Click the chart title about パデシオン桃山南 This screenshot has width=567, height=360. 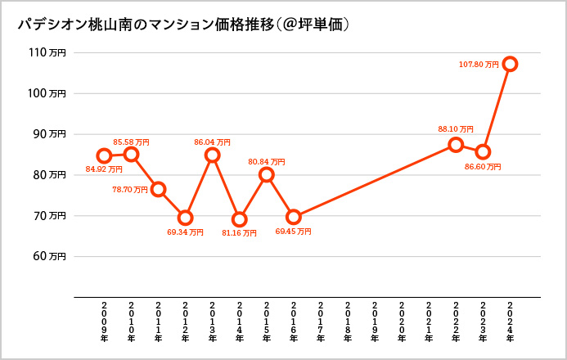184,25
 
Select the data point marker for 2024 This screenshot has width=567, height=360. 510,64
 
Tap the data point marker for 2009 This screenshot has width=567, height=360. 104,155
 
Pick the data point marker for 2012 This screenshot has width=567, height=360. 185,218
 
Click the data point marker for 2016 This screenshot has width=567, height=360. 294,217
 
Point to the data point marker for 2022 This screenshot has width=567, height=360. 456,145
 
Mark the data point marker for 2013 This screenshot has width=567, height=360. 213,155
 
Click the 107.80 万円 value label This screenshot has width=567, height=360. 479,64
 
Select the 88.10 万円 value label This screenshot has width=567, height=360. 456,129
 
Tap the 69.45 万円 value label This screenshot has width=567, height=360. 293,232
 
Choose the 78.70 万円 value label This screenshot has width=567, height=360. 129,190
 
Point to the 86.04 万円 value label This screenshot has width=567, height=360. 212,142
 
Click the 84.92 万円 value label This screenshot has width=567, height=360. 104,170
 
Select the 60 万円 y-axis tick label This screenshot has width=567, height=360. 49,256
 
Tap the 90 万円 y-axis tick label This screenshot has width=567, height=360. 49,134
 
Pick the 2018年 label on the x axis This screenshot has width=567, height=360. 348,322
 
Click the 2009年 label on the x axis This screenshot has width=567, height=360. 104,322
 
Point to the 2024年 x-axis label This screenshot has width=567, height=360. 510,322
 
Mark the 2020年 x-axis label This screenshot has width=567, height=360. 402,322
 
